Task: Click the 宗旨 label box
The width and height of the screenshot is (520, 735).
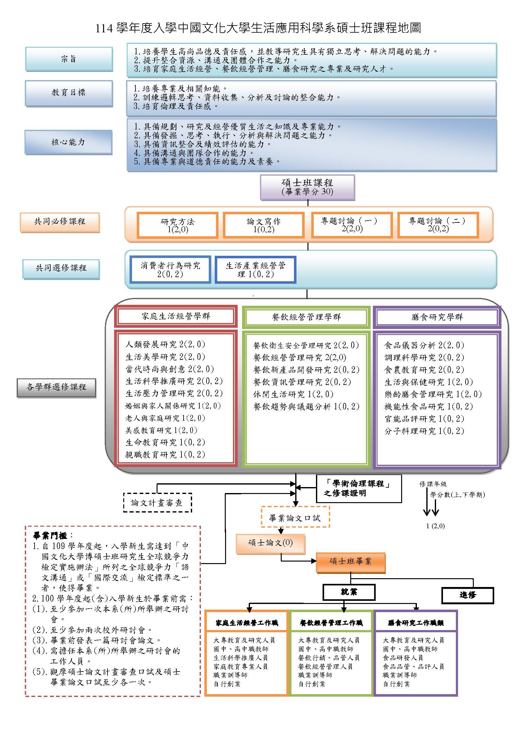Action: [x=69, y=59]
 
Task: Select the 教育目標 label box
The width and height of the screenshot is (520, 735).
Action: [x=69, y=92]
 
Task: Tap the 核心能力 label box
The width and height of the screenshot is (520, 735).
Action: [x=68, y=142]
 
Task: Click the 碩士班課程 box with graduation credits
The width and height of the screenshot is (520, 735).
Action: [x=307, y=187]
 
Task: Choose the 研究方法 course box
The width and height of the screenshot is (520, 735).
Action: [x=177, y=225]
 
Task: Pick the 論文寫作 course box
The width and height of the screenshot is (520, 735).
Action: [x=263, y=225]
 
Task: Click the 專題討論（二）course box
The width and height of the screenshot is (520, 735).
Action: [x=438, y=224]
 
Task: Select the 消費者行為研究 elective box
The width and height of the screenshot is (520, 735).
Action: [x=170, y=270]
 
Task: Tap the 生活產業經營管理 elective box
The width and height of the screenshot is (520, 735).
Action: [x=255, y=270]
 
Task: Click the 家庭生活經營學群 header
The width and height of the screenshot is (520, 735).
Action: [x=176, y=316]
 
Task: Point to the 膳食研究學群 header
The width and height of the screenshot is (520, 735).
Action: [x=437, y=317]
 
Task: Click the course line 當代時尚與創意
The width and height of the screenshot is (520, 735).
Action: [x=169, y=369]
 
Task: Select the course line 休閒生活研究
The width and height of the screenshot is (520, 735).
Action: [x=293, y=394]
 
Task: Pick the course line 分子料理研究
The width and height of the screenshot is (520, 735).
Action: [x=424, y=431]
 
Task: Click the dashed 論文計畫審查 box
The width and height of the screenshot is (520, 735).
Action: [x=157, y=502]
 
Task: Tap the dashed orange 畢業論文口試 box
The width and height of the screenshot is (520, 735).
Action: [x=295, y=518]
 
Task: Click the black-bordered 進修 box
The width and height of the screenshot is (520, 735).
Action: [x=467, y=595]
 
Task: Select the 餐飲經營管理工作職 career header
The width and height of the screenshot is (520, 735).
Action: [x=331, y=623]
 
